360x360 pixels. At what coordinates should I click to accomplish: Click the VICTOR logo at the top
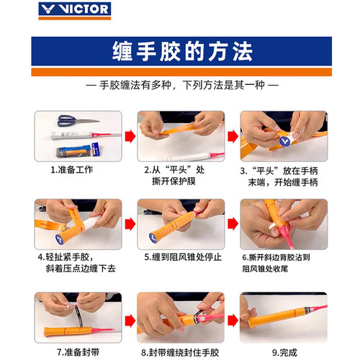tap(81, 10)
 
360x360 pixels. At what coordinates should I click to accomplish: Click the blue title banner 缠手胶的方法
tap(180, 53)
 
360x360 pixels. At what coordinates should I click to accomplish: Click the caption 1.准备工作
tap(71, 171)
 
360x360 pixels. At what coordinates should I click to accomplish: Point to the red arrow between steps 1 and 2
tap(130, 135)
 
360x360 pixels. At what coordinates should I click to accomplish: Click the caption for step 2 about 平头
tap(173, 176)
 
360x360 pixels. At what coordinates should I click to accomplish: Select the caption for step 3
tap(283, 176)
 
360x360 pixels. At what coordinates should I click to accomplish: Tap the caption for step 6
tap(284, 262)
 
